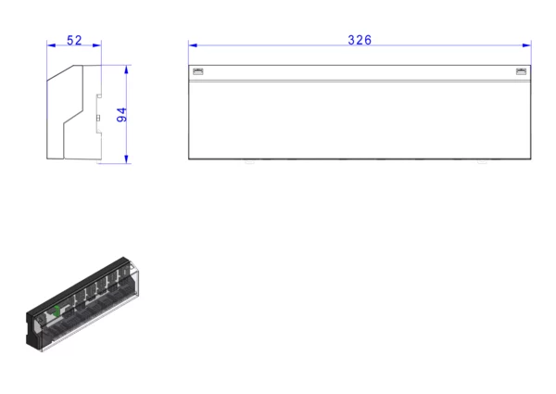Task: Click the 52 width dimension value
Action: point(74,41)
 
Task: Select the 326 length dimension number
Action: point(360,40)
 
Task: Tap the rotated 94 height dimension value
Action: point(121,115)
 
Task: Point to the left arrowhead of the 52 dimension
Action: point(51,45)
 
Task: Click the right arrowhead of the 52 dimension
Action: point(96,45)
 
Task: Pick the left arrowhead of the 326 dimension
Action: point(193,45)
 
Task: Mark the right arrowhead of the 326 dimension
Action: point(526,45)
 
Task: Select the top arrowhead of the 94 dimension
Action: point(126,70)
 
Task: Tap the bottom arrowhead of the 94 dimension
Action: point(126,159)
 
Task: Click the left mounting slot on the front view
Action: point(198,71)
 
